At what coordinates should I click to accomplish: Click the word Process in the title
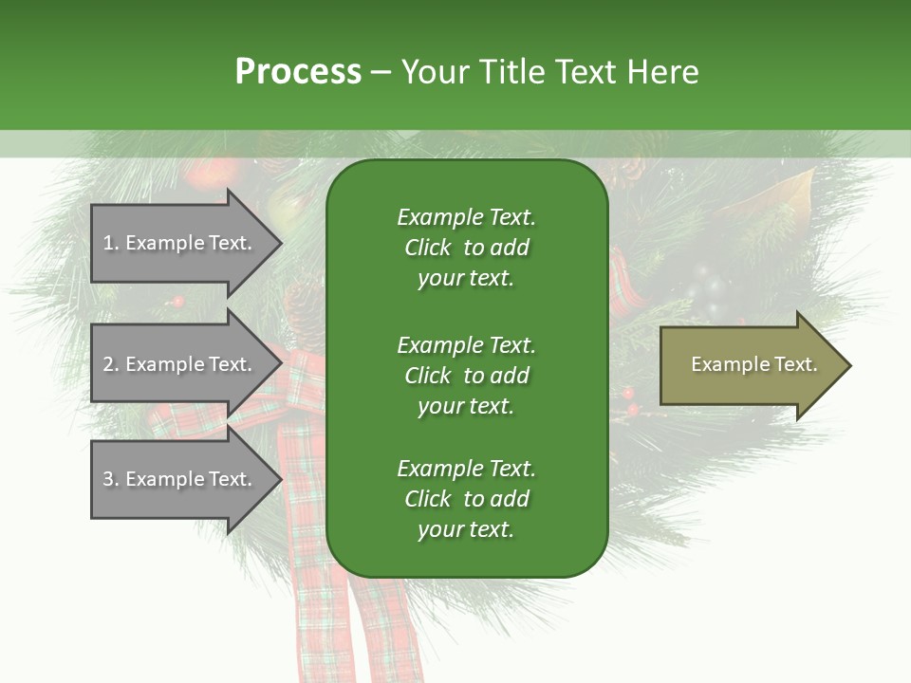pyautogui.click(x=298, y=71)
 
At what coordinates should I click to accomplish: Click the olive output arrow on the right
pyautogui.click(x=750, y=365)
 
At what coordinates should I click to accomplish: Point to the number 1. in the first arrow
pyautogui.click(x=111, y=243)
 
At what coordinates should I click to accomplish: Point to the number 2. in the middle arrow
pyautogui.click(x=111, y=364)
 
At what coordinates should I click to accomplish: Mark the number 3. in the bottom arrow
pyautogui.click(x=111, y=479)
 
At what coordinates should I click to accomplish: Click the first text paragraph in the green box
pyautogui.click(x=466, y=248)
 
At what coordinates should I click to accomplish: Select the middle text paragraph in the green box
pyautogui.click(x=466, y=376)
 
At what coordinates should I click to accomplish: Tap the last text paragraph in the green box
pyautogui.click(x=466, y=499)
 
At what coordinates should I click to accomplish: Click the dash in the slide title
pyautogui.click(x=381, y=72)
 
